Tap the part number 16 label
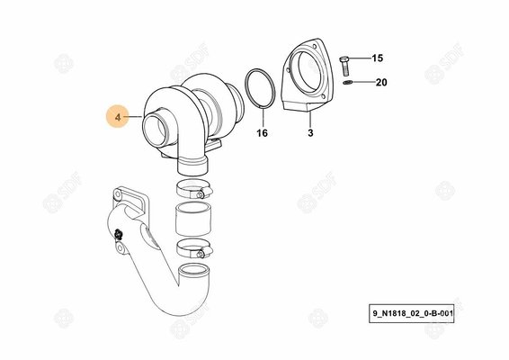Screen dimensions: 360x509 [263, 133]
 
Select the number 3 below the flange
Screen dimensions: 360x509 [310, 133]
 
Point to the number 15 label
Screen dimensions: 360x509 [378, 58]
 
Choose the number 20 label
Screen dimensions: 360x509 [380, 82]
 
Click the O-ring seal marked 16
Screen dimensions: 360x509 [260, 88]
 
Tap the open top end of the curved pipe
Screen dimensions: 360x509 [197, 271]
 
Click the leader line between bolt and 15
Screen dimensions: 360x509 [360, 58]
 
